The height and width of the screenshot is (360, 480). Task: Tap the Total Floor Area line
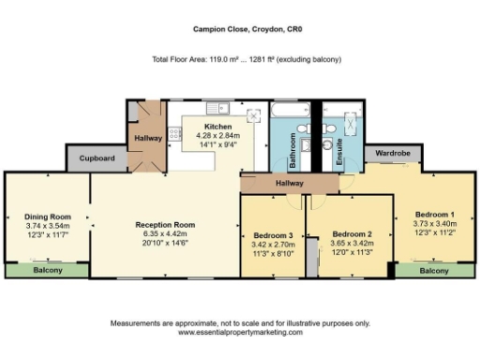coord(246,60)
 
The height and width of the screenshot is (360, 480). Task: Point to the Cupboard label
coord(97,158)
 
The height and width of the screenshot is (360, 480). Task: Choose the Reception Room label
coord(165,224)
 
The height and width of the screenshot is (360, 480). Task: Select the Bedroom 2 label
coord(352,233)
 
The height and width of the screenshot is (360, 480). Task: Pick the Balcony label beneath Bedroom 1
coord(433,270)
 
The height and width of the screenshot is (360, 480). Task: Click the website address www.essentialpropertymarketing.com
coord(240,333)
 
